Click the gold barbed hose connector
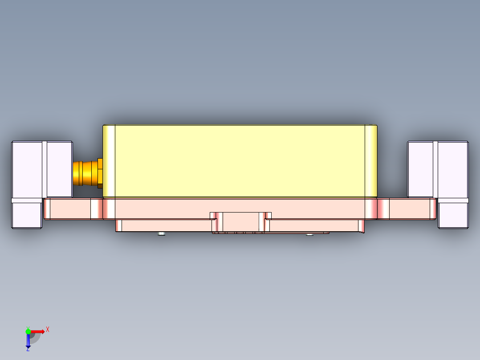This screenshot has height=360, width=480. [x=85, y=173]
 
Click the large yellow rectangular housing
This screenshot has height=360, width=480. [x=240, y=160]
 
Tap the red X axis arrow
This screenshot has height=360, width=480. [x=38, y=331]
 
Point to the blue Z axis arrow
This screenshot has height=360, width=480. [x=28, y=341]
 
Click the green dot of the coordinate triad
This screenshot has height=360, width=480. [x=28, y=331]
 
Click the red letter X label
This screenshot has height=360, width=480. [x=48, y=330]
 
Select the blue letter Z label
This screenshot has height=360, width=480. [x=28, y=349]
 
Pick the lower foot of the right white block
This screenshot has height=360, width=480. [x=453, y=215]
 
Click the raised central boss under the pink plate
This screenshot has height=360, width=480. [x=241, y=221]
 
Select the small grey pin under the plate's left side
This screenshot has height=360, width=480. [x=161, y=233]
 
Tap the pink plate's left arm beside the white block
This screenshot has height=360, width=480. [x=71, y=209]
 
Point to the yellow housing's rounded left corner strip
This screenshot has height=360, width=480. [x=109, y=160]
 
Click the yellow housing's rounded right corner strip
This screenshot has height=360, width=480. [x=371, y=160]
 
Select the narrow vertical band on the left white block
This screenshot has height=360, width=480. [x=45, y=169]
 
